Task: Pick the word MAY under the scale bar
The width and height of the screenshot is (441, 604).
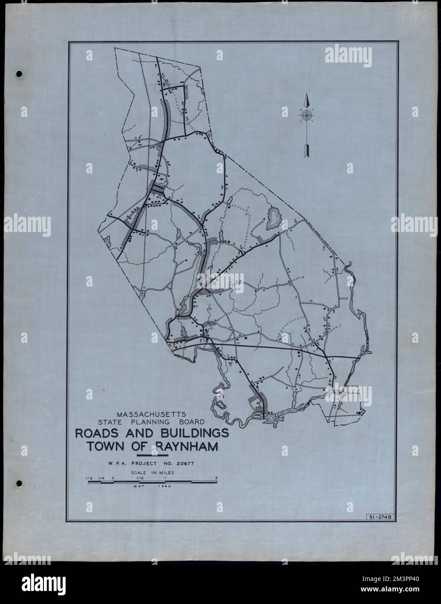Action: coord(140,487)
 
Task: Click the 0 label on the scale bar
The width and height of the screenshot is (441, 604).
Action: coord(113,478)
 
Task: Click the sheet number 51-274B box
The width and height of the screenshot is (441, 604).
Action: coord(377,517)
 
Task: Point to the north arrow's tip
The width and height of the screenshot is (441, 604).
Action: coord(307,95)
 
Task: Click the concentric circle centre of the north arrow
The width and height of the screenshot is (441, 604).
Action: coord(307,115)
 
